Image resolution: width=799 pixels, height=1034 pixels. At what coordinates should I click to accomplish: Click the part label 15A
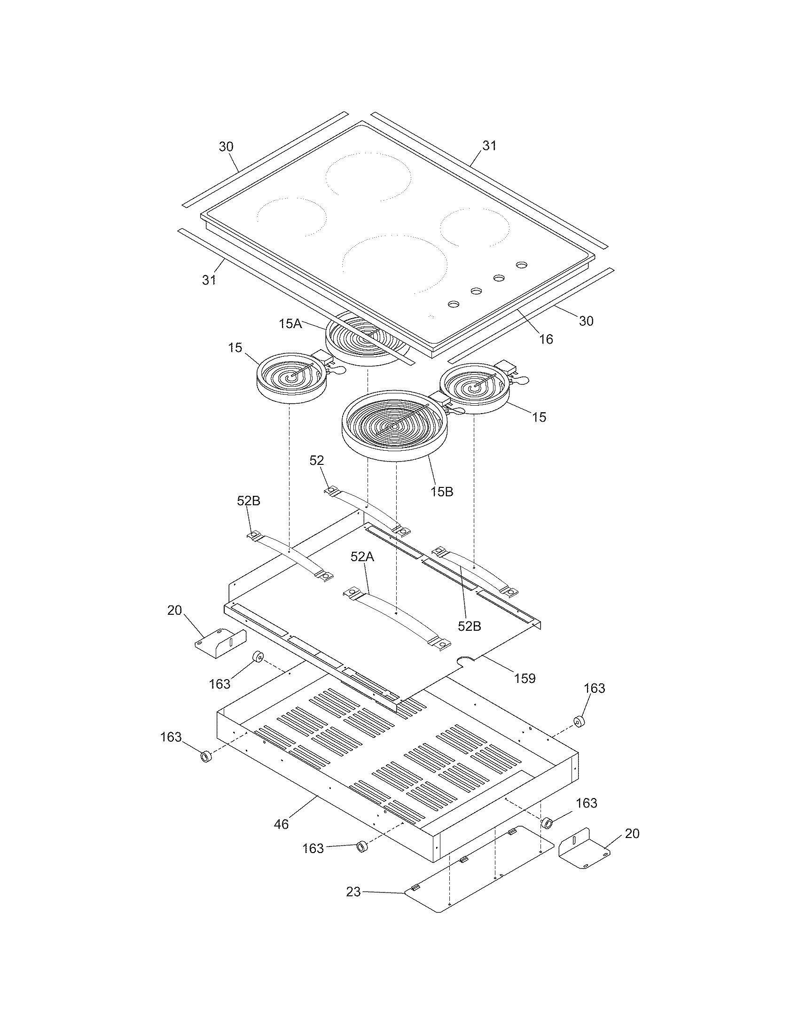(290, 324)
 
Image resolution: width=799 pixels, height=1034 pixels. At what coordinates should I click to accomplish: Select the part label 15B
(441, 492)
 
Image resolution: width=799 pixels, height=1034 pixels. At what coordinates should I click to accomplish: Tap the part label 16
(546, 339)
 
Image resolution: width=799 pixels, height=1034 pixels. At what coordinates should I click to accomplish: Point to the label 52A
(362, 557)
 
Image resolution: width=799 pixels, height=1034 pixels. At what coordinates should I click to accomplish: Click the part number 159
(525, 678)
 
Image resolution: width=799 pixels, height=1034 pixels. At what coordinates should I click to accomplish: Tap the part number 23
(353, 892)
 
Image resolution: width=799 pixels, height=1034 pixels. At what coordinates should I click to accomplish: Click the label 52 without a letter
(317, 460)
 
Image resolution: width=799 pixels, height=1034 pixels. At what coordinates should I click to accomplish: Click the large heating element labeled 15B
(394, 426)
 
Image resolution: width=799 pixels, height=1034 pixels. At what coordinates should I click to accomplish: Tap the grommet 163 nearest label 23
(362, 846)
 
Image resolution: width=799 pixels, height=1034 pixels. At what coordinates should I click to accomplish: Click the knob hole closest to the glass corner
(453, 304)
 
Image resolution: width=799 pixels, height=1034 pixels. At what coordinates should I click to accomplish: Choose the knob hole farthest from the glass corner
(521, 265)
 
